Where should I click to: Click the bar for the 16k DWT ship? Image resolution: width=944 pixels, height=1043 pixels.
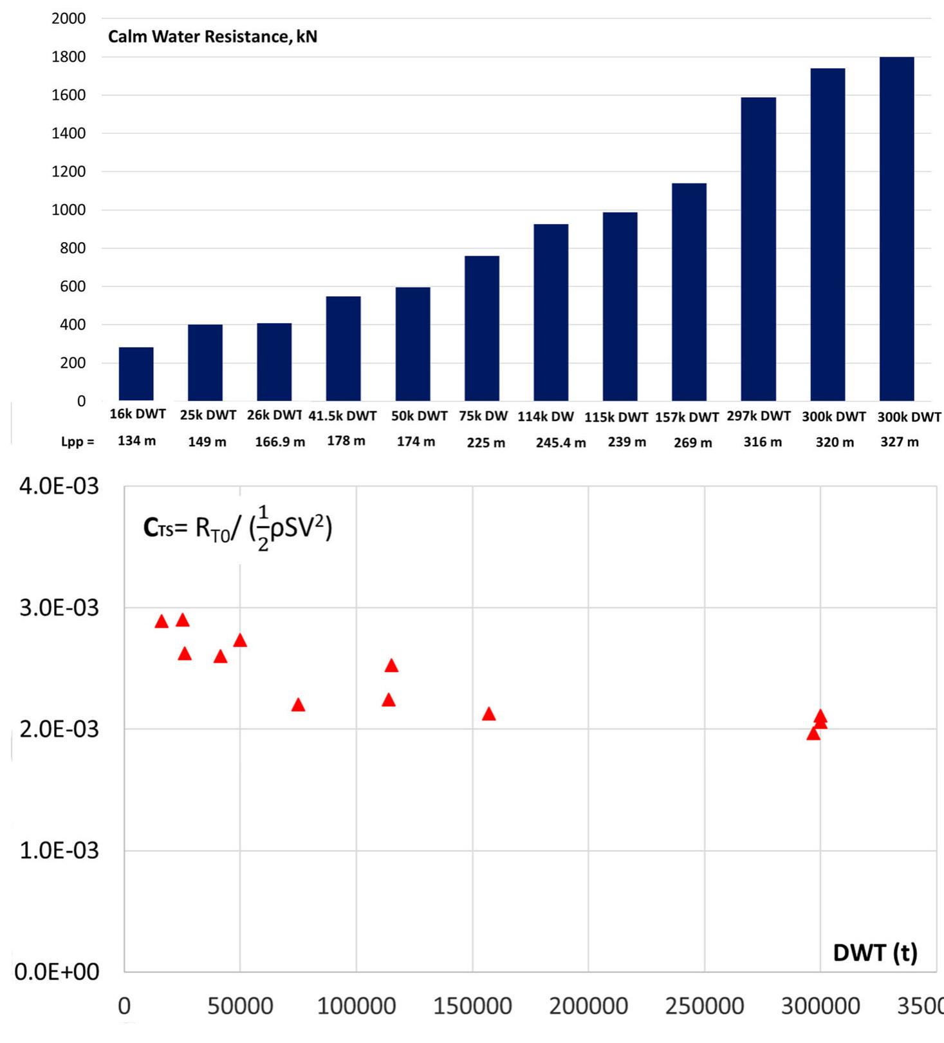coord(136,374)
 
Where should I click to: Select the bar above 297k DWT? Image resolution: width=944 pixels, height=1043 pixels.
coord(758,249)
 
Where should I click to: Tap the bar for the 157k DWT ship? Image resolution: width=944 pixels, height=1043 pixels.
coord(689,292)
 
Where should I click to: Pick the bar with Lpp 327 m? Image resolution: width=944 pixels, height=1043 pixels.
coord(896,229)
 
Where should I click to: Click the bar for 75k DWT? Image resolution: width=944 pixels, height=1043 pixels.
coord(482,328)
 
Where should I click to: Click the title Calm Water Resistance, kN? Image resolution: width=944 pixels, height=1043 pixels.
coord(212,37)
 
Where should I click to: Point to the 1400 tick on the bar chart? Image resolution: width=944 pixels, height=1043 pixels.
coord(68,133)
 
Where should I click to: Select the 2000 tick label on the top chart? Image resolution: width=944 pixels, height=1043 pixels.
coord(68,19)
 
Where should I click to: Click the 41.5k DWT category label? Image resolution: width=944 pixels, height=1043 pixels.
coord(342,416)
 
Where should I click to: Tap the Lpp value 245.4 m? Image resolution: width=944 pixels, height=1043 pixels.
coord(560,443)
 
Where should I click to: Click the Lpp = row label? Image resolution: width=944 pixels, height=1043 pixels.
coord(77,442)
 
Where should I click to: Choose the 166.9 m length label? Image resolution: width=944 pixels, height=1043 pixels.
coord(280,442)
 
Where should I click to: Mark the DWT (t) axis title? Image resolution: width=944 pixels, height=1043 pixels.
coord(875,952)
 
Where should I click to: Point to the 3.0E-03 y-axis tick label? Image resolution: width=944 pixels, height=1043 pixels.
coord(59,607)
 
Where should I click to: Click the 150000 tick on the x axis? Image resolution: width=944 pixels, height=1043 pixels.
coord(472,1006)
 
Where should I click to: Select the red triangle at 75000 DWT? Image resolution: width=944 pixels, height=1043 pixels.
coord(298,705)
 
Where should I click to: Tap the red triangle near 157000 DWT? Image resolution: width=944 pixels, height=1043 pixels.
coord(489,714)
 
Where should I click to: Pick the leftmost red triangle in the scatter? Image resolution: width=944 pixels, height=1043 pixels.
coord(162,621)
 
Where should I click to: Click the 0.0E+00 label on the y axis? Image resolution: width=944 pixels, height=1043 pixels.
coord(57,972)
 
